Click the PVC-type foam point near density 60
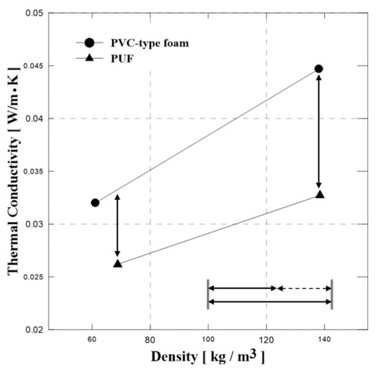95,203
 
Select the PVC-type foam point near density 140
319,69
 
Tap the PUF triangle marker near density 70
118,264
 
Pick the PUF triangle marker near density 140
320,195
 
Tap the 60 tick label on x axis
92,341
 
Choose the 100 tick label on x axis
208,341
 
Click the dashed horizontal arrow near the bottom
304,289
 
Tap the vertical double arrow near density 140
319,131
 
